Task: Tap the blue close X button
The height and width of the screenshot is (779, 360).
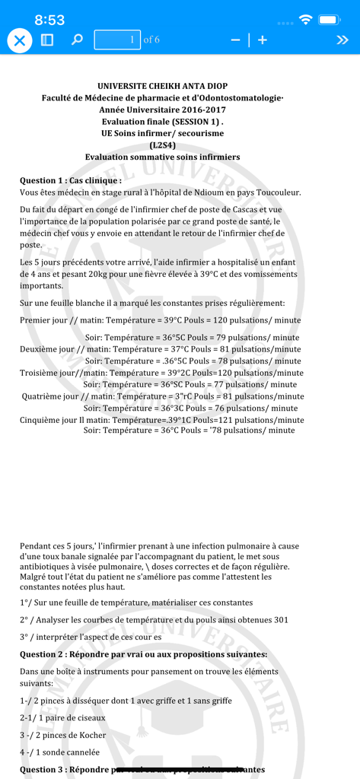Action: (20, 40)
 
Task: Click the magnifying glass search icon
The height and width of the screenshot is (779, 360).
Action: (77, 40)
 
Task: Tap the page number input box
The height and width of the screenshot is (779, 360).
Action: (117, 40)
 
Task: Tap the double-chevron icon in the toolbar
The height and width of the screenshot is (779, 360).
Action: (342, 40)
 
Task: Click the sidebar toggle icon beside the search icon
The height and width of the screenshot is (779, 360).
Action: (47, 40)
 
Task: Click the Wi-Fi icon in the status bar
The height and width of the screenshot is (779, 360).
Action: (306, 20)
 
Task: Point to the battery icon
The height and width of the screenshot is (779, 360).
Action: (330, 20)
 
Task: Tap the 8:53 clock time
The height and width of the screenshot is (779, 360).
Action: (49, 21)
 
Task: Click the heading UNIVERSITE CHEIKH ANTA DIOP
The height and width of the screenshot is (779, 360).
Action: (162, 87)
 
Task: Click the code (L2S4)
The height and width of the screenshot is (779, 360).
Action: (162, 145)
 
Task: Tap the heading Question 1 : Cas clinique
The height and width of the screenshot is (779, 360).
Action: (70, 180)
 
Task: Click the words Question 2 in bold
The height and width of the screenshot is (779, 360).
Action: (49, 654)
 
